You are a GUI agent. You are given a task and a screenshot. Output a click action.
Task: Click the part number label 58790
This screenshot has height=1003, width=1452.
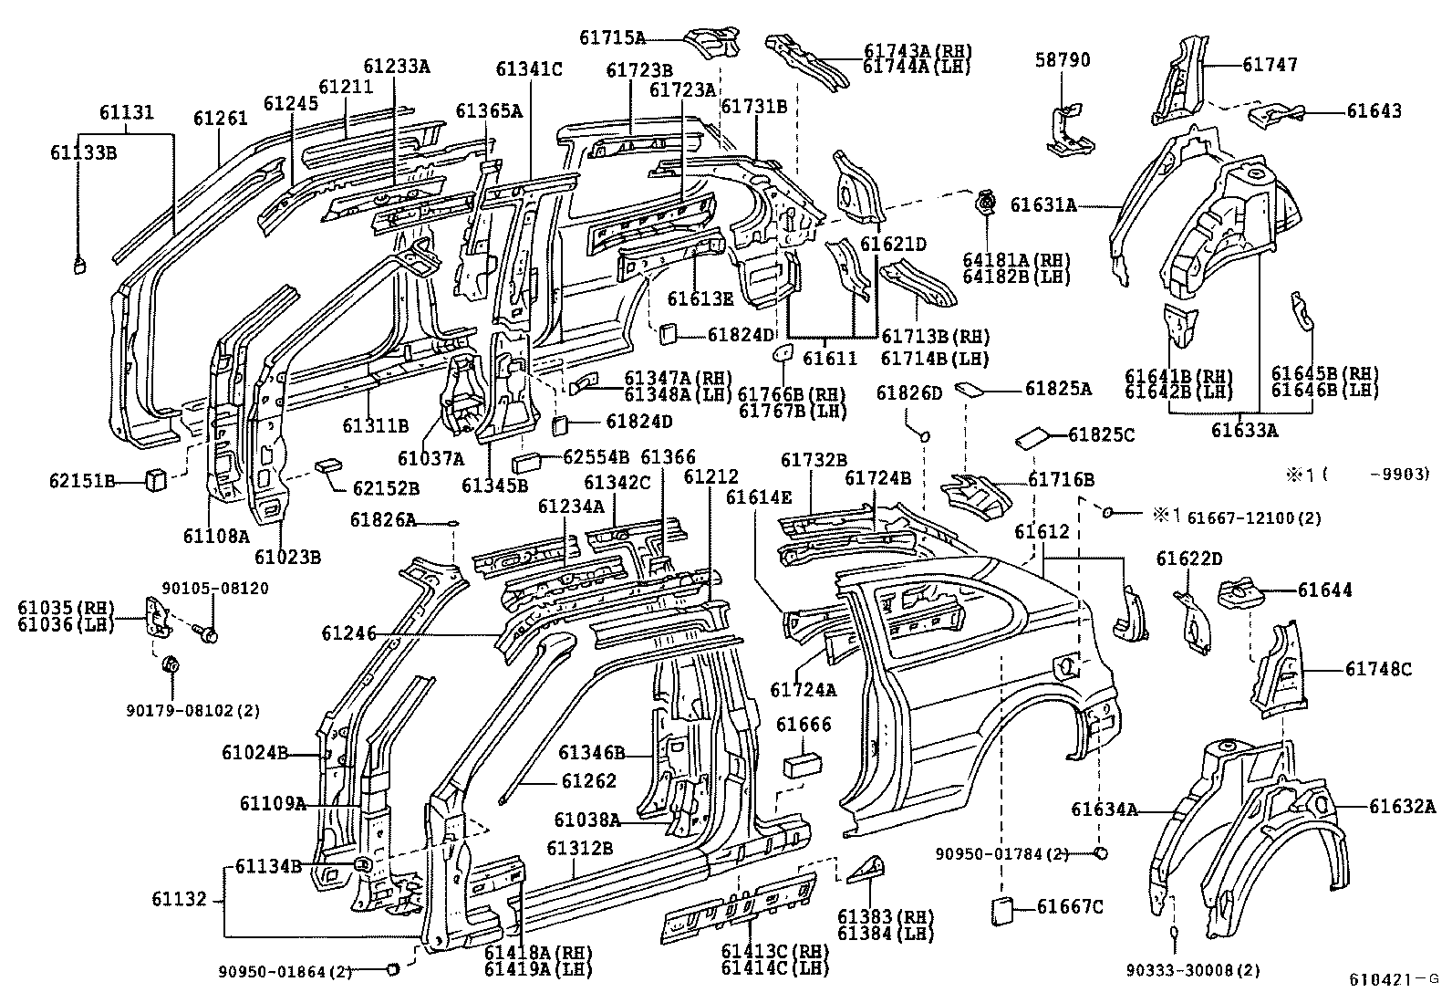1063,60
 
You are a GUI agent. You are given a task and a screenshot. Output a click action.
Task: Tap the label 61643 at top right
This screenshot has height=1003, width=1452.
1374,111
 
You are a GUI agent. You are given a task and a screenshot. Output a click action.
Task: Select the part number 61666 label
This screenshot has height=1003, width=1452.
804,725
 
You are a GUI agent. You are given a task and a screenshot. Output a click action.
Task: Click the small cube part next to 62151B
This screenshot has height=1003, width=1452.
156,478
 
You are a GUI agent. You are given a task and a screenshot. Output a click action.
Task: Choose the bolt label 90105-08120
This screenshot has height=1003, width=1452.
215,588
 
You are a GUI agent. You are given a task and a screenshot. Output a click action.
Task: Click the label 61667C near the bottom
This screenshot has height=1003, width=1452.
1070,906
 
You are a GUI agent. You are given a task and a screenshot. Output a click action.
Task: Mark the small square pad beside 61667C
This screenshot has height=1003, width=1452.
1001,910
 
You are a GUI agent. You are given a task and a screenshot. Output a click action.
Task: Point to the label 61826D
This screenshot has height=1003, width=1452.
908,392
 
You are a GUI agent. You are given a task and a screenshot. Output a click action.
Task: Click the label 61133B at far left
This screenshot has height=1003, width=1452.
83,152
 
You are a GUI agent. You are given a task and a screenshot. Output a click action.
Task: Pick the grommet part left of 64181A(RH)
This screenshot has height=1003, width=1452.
986,204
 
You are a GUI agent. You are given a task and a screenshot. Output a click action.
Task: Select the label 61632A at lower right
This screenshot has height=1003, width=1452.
1402,806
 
